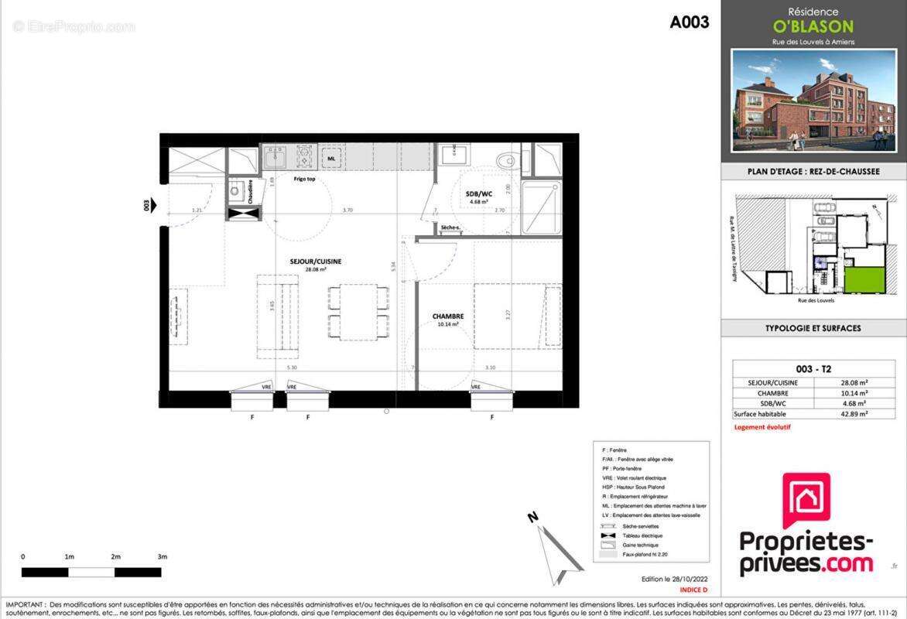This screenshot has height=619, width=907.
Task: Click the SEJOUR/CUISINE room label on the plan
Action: tap(315, 262)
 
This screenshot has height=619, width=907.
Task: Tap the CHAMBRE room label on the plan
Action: tap(448, 316)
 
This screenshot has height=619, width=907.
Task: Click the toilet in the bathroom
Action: tap(508, 160)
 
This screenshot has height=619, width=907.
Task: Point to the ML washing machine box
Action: tap(331, 159)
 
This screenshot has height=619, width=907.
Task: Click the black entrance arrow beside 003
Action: tap(154, 205)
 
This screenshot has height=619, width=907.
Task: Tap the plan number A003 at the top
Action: tap(689, 22)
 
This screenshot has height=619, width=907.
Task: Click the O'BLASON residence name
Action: tap(813, 26)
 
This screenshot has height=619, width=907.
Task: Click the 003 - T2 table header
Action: tap(813, 369)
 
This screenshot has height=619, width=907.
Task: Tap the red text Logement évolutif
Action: tap(762, 427)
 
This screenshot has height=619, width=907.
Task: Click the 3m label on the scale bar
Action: tap(162, 557)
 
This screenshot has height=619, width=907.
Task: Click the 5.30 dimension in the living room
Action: tap(291, 368)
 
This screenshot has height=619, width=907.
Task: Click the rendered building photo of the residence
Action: tap(813, 100)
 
